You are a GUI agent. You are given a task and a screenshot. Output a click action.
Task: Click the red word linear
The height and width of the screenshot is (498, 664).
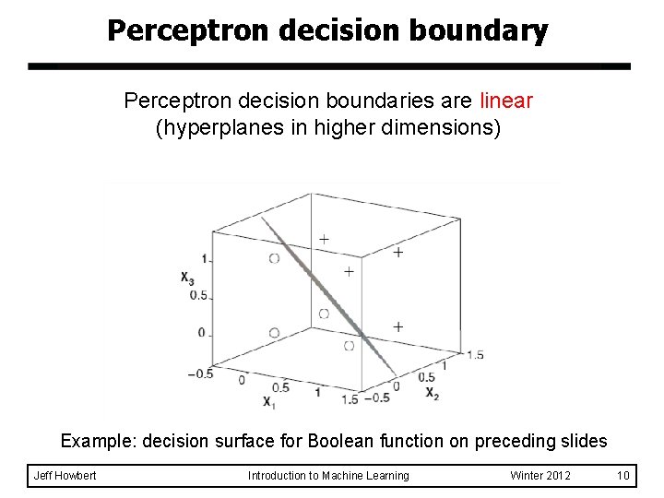(505, 100)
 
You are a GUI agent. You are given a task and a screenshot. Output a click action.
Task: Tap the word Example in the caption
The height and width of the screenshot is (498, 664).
(96, 441)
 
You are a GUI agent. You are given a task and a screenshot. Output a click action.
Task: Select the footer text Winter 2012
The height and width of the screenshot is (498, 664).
(540, 475)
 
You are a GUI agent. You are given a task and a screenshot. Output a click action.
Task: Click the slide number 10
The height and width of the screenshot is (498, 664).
(622, 475)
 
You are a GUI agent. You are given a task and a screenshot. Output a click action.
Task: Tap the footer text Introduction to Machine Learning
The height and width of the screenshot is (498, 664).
(329, 475)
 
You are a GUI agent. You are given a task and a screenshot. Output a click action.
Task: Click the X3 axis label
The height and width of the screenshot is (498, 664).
(187, 276)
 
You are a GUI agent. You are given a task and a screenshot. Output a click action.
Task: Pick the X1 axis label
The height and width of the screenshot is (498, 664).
(268, 401)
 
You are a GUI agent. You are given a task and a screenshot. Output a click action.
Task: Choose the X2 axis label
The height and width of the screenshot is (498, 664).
(431, 392)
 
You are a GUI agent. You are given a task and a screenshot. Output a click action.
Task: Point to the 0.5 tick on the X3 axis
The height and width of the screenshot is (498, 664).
(198, 295)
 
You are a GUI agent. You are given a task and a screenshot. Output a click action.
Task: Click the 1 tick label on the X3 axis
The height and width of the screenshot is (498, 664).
(202, 258)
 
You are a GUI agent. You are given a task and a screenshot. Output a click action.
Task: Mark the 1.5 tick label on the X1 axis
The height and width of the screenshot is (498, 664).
(349, 397)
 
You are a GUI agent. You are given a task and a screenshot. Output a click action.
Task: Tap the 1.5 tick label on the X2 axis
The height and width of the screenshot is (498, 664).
(475, 354)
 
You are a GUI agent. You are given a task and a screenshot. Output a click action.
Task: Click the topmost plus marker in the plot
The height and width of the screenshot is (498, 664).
(323, 239)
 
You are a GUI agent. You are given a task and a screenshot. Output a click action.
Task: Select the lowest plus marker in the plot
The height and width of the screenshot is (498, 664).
(397, 326)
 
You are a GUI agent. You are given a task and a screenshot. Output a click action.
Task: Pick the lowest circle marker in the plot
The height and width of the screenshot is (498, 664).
(348, 346)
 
